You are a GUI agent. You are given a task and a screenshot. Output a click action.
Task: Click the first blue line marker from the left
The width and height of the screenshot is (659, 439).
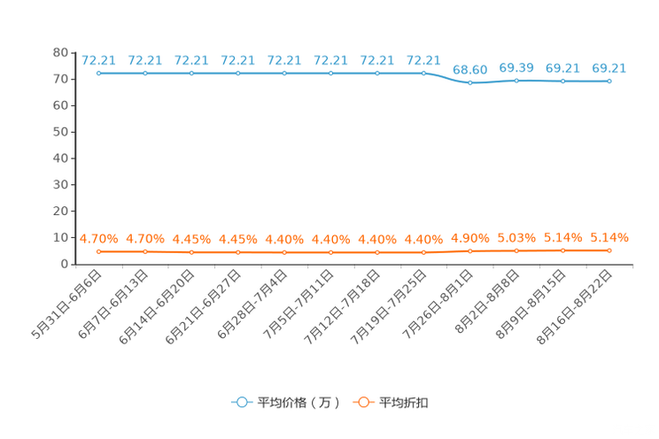(98, 73)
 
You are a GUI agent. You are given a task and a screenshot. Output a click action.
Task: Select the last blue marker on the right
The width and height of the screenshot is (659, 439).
(609, 81)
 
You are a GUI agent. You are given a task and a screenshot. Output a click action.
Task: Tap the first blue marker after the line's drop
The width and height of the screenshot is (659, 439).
(470, 82)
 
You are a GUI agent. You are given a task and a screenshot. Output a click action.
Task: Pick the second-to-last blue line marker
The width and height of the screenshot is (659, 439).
(562, 81)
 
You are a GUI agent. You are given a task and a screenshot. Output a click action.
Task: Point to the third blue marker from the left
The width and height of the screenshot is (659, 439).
(191, 73)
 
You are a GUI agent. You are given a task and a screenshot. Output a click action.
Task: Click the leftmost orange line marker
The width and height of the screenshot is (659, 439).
(98, 252)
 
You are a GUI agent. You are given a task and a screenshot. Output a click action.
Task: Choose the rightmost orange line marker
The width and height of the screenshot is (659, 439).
(609, 250)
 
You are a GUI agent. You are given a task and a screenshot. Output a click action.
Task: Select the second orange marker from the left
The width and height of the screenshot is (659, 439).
(145, 252)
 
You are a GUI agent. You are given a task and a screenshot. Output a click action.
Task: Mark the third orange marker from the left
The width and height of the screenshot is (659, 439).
(191, 252)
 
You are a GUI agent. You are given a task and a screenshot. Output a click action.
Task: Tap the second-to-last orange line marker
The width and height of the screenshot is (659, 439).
(562, 250)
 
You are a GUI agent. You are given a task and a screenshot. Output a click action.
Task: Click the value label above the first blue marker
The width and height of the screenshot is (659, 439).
(98, 60)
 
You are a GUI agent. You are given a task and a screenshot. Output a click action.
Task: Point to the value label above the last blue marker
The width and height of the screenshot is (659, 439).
(609, 67)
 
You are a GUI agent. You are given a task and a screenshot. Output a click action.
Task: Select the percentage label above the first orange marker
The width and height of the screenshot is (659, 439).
(98, 239)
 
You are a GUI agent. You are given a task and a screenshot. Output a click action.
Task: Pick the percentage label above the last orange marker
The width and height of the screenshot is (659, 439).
(609, 237)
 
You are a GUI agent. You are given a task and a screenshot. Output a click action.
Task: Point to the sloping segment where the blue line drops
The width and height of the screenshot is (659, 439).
(448, 78)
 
